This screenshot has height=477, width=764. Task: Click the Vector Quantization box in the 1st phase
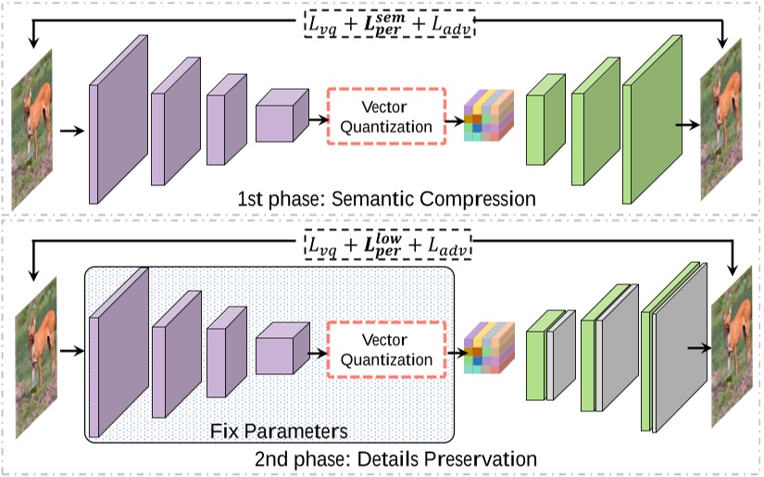[386, 117]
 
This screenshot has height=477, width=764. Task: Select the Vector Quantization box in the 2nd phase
[386, 350]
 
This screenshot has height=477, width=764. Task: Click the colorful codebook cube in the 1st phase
[487, 115]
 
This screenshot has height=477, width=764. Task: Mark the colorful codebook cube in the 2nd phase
[487, 348]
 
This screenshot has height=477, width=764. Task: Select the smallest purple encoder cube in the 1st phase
[278, 118]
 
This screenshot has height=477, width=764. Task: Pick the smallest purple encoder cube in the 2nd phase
[278, 351]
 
